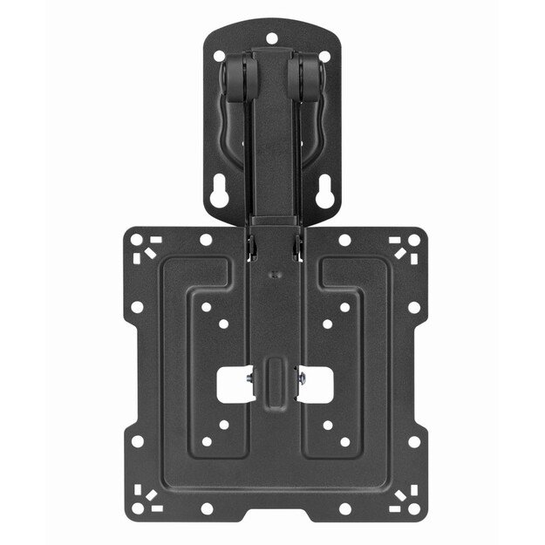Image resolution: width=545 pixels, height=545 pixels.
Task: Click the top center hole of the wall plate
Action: tap(271, 39)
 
